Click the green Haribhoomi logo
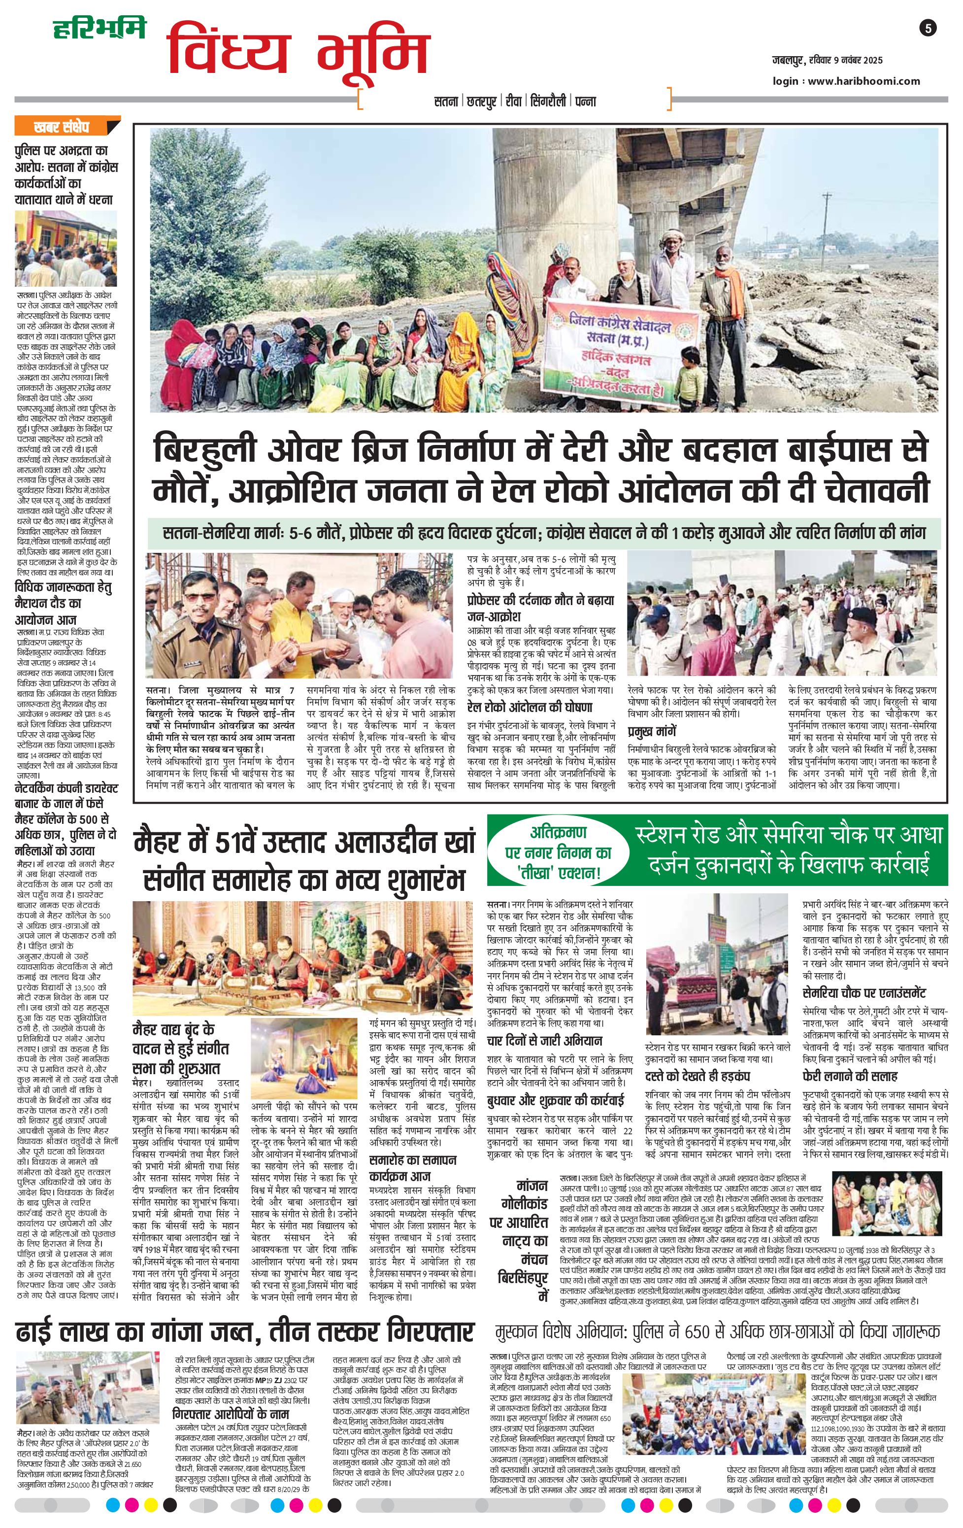click(x=99, y=29)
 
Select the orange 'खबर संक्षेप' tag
click(x=62, y=128)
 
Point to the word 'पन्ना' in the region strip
click(x=586, y=101)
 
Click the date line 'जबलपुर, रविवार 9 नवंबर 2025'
click(x=827, y=61)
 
